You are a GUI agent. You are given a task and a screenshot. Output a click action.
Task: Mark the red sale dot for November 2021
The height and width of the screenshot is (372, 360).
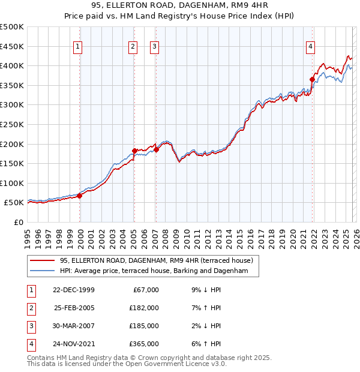coord(313,79)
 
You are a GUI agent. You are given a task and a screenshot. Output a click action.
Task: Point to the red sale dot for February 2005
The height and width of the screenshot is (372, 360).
coord(134,151)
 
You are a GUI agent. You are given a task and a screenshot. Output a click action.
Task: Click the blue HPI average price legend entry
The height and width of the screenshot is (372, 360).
coord(158,271)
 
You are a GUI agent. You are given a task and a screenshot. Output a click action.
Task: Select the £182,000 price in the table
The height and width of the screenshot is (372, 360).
coord(144,307)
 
